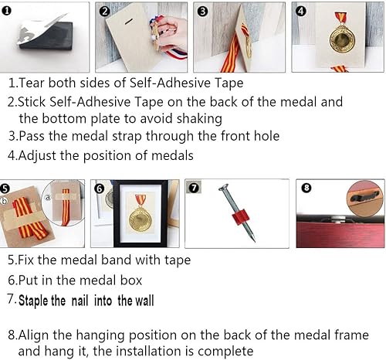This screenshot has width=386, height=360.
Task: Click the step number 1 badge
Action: (x=6, y=11)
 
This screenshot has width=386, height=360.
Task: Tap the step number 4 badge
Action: (x=301, y=11)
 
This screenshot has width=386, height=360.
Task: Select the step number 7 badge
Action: (x=194, y=187)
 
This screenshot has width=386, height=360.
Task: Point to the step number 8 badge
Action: (x=306, y=188)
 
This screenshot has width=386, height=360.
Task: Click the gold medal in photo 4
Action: (x=342, y=39)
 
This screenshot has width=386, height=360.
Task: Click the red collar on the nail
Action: (x=239, y=217)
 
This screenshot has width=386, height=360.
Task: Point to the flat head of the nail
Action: (x=223, y=188)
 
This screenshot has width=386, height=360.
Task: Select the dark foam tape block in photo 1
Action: (x=46, y=36)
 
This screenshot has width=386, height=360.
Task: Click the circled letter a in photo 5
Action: (x=48, y=198)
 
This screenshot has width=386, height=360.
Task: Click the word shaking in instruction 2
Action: (x=199, y=119)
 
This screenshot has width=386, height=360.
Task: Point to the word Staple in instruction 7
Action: (x=33, y=301)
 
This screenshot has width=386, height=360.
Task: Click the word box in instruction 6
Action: (x=131, y=280)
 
